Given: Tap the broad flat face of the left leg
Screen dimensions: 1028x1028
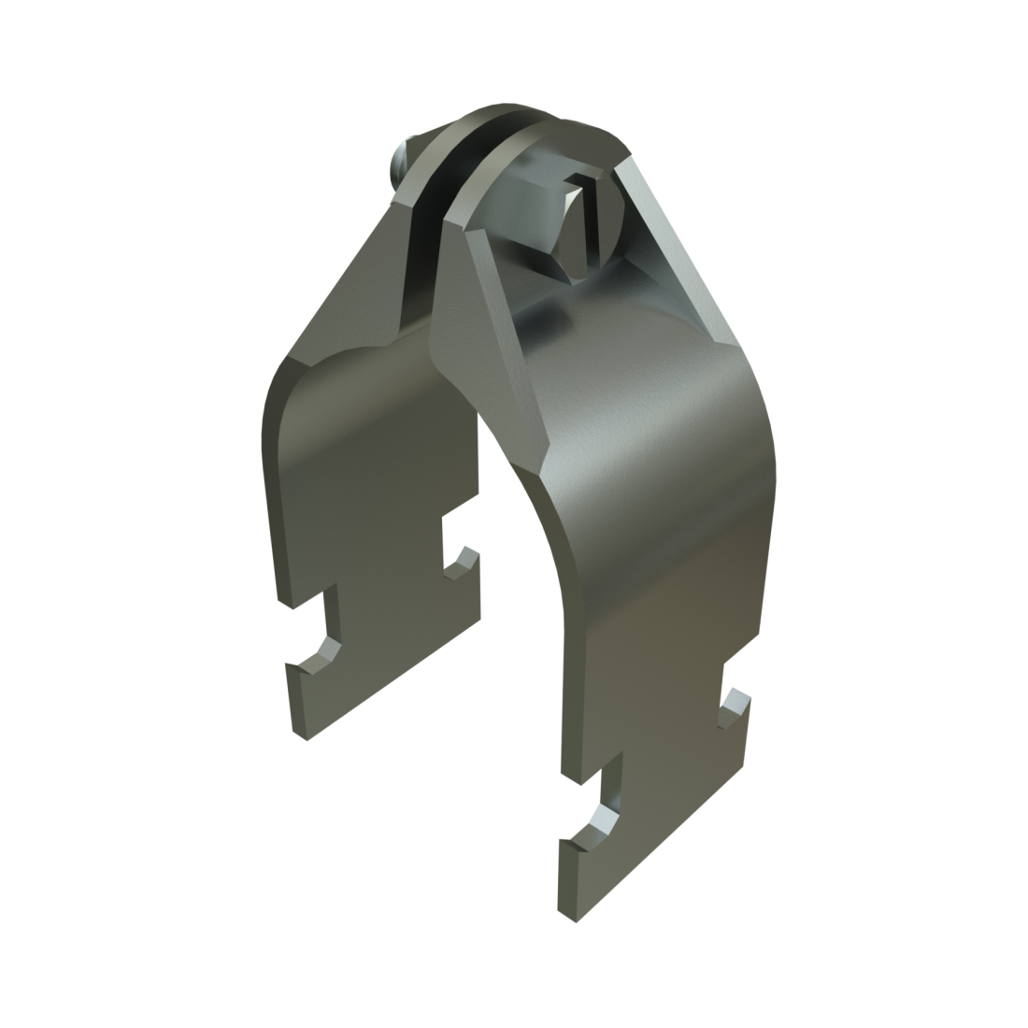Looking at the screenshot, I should coord(364,486).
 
